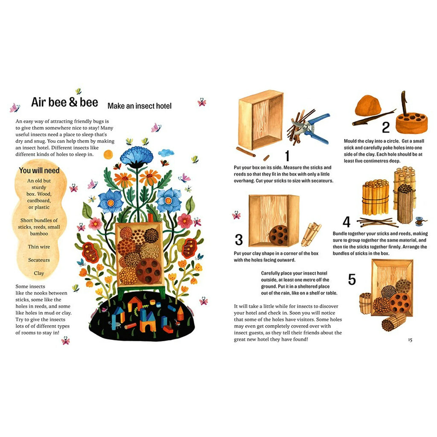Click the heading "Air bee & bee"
point(64,102)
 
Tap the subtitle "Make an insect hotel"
point(140,106)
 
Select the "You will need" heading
point(39,170)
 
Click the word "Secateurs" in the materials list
point(39,260)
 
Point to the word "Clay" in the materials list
point(39,273)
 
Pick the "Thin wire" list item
point(39,247)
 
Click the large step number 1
point(287,155)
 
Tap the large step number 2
point(386,127)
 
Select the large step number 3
point(239,240)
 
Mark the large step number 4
point(347,222)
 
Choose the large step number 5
point(352,279)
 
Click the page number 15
point(410,340)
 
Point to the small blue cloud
point(166,152)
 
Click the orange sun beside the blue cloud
point(108,154)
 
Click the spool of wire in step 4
point(420,221)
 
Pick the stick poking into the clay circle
point(404,103)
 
